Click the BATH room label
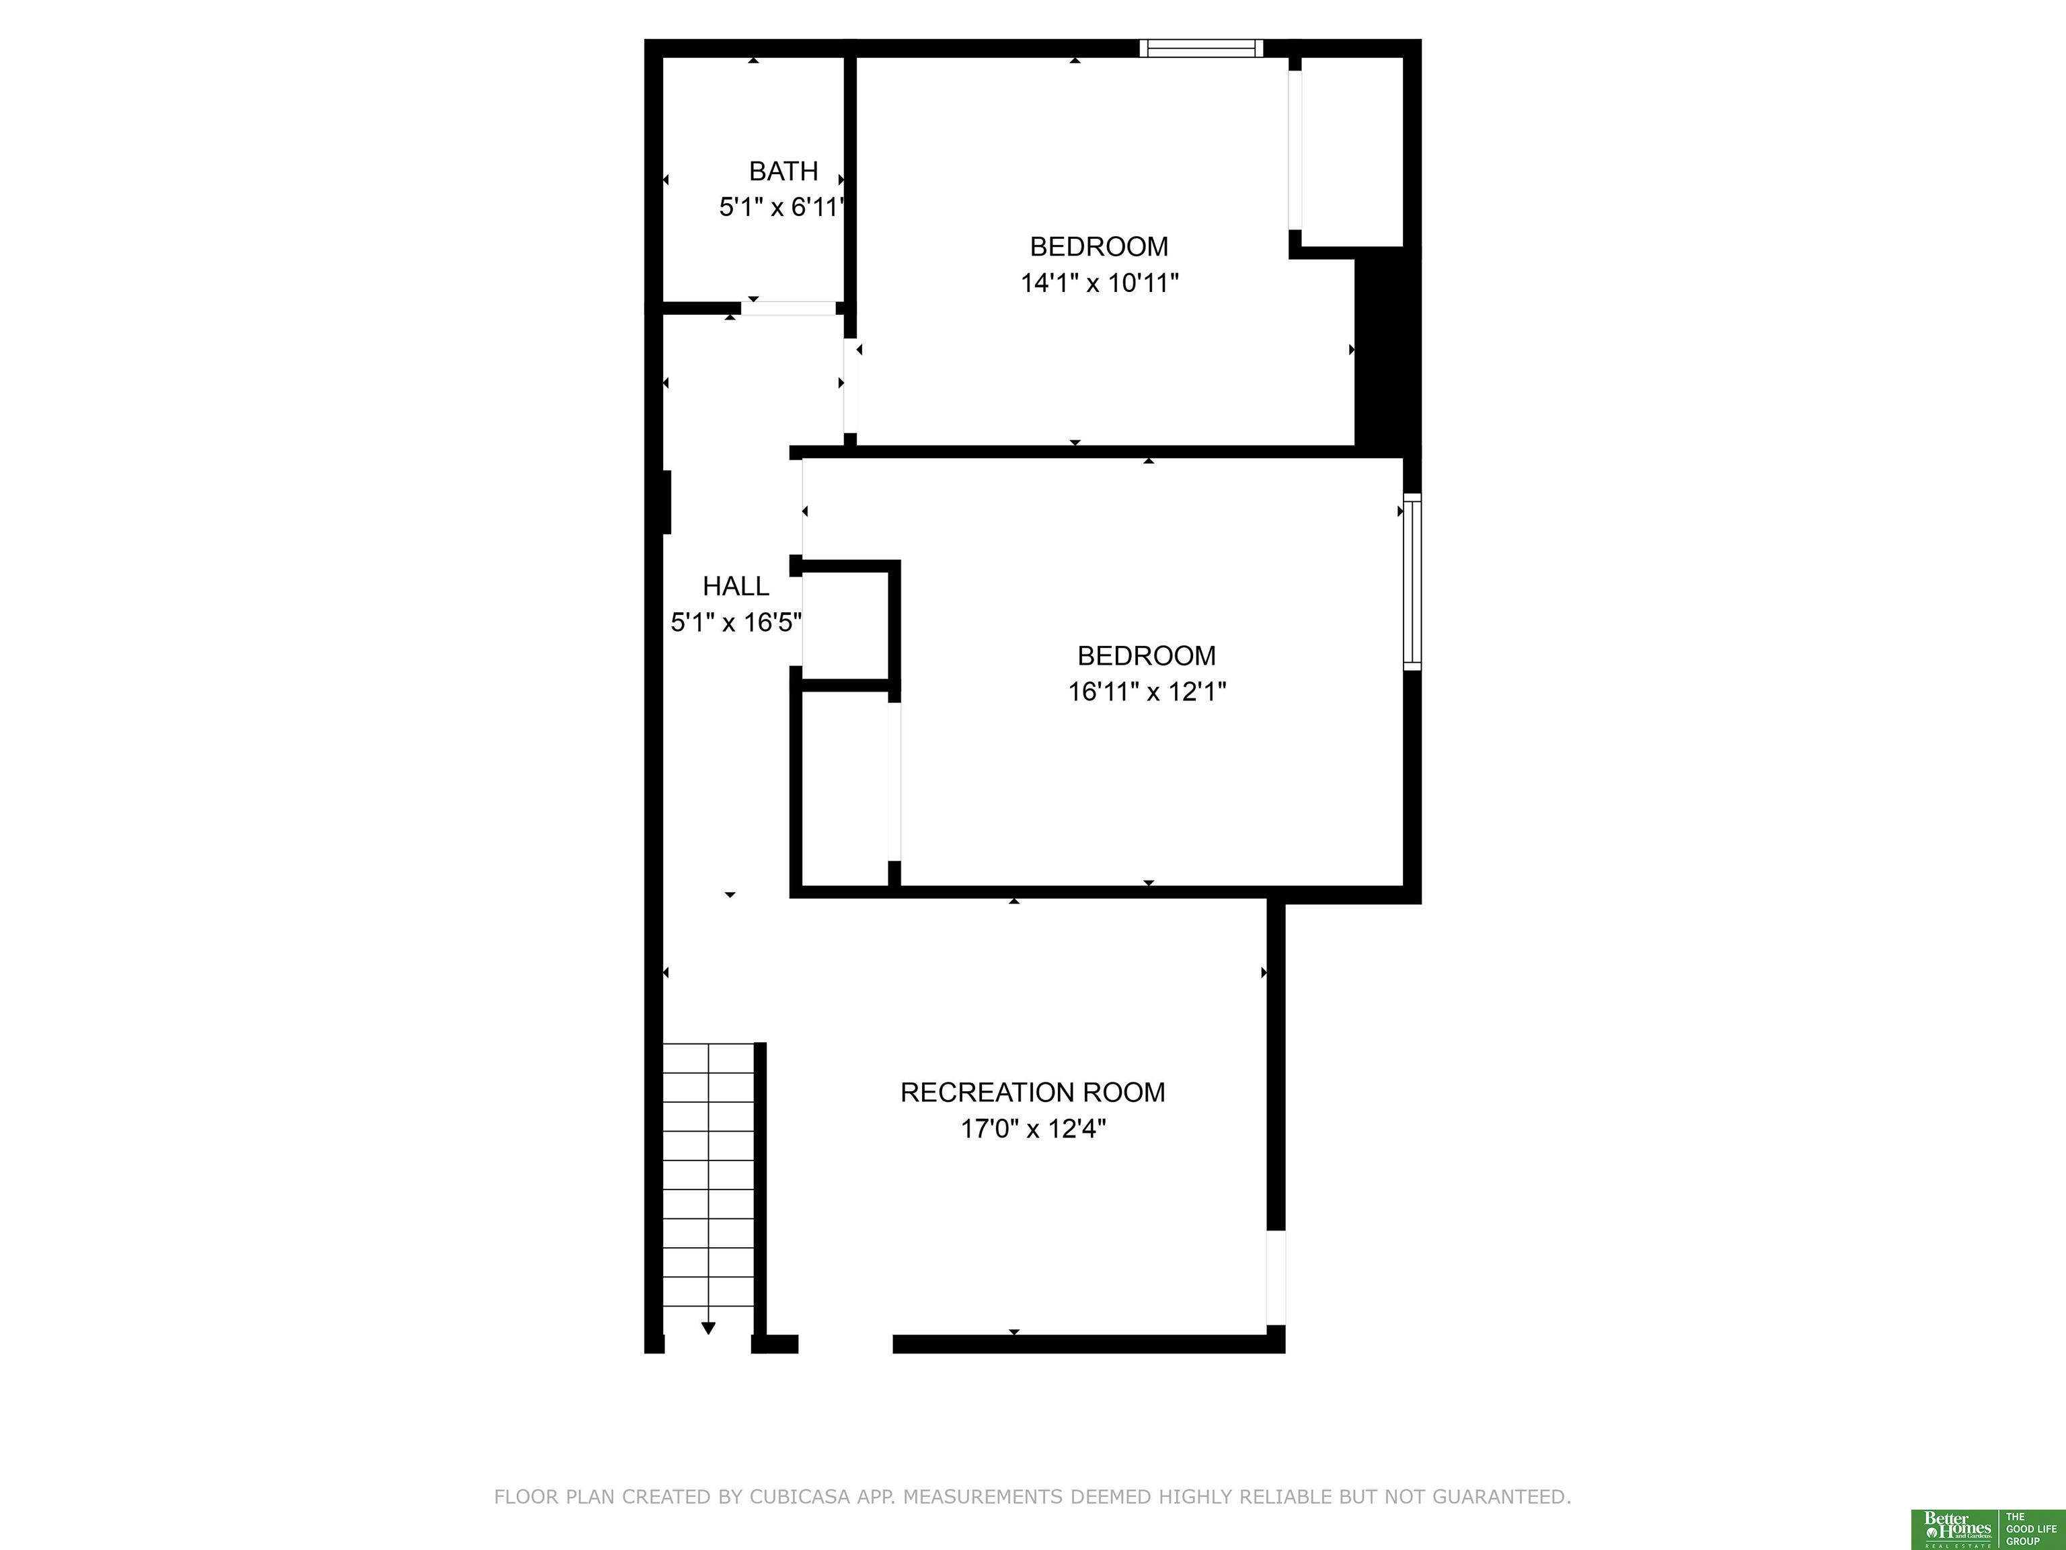pos(783,171)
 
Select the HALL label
pos(736,586)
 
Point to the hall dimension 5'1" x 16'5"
pos(736,622)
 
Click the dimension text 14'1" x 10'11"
pos(1100,282)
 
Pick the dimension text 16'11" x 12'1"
pos(1147,692)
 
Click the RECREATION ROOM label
pos(1033,1092)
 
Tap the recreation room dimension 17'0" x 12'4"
pos(1033,1129)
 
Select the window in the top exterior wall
pos(1201,48)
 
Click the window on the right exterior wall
pos(1412,581)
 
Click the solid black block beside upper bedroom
pos(1388,353)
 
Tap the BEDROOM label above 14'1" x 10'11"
pos(1100,247)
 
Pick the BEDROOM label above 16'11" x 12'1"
pos(1147,656)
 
